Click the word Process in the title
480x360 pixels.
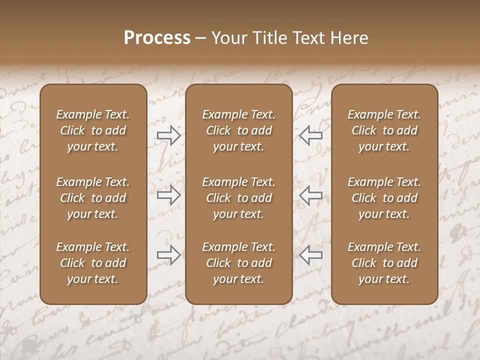pyautogui.click(x=157, y=38)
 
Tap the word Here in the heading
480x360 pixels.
pyautogui.click(x=348, y=38)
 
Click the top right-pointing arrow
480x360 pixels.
pyautogui.click(x=168, y=135)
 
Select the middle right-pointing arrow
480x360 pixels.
pyautogui.click(x=168, y=195)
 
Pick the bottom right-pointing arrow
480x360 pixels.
pyautogui.click(x=168, y=255)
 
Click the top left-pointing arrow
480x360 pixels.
pyautogui.click(x=311, y=135)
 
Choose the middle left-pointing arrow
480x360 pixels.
pyautogui.click(x=311, y=195)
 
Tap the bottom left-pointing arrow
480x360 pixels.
pyautogui.click(x=311, y=255)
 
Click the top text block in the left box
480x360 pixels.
pyautogui.click(x=93, y=130)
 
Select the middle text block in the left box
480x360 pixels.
pyautogui.click(x=93, y=198)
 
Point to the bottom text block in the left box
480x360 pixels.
pyautogui.click(x=93, y=263)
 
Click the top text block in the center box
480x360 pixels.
pyautogui.click(x=238, y=130)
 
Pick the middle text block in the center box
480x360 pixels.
pyautogui.click(x=238, y=198)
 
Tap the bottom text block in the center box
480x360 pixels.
pyautogui.click(x=238, y=263)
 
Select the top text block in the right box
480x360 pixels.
pyautogui.click(x=384, y=130)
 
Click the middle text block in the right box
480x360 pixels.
pyautogui.click(x=384, y=198)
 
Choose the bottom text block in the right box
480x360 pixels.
pyautogui.click(x=384, y=263)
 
